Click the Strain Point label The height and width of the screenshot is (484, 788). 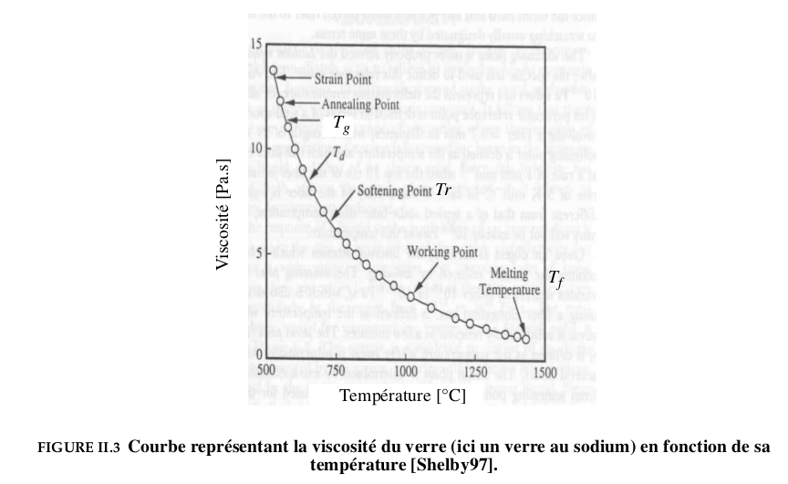pos(343,79)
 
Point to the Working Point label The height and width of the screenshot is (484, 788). pos(442,251)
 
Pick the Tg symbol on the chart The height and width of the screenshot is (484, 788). pos(340,123)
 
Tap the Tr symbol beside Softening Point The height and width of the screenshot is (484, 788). pos(443,191)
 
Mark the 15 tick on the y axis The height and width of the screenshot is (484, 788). pos(255,44)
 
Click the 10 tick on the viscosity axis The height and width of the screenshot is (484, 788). pos(255,148)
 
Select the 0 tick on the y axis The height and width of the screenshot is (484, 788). pos(258,355)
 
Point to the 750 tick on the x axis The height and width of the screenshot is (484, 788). pos(335,372)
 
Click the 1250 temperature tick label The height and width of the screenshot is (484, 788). pos(475,372)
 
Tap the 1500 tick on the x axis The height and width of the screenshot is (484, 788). pos(544,372)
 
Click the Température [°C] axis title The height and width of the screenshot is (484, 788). pos(402,396)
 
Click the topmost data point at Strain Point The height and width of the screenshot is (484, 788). pos(273,69)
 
